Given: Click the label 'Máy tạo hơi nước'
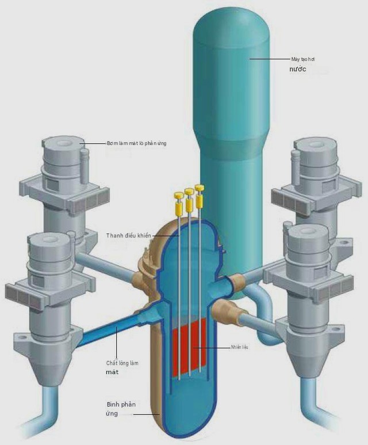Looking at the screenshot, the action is tap(302, 64).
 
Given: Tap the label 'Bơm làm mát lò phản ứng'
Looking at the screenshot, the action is tap(137, 143).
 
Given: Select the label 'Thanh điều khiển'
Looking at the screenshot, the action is tap(128, 235).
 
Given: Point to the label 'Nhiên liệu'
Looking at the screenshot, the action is tap(240, 347).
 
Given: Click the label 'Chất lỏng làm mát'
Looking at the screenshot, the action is tap(122, 367).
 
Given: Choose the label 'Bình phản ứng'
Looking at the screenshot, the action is tap(121, 409).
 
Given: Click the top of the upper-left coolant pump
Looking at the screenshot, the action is tap(63, 143).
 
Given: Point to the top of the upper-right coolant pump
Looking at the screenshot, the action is tap(316, 144).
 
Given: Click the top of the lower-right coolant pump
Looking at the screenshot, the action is tap(307, 231).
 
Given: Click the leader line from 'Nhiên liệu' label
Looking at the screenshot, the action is tap(211, 347).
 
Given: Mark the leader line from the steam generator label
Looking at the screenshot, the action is tap(269, 59).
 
